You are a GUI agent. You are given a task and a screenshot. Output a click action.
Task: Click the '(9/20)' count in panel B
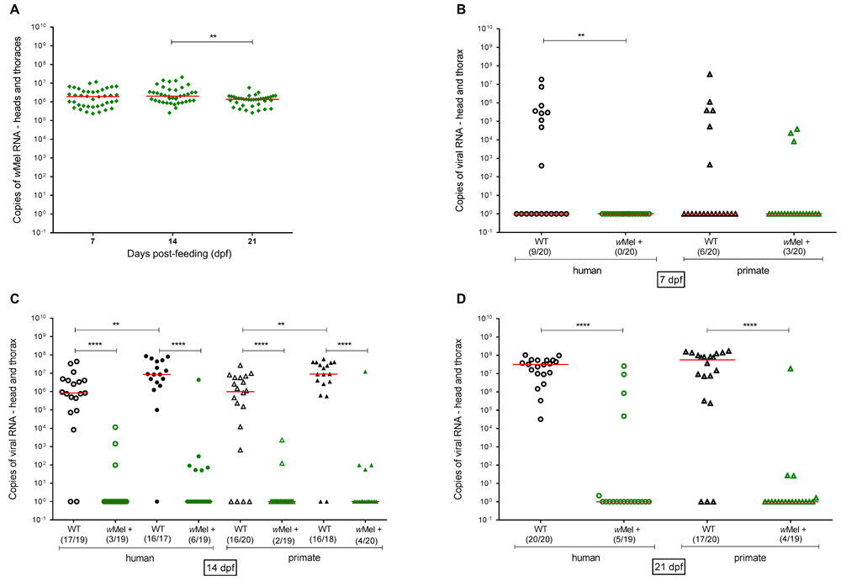click(542, 244)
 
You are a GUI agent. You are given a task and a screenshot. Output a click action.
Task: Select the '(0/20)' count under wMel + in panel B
click(627, 244)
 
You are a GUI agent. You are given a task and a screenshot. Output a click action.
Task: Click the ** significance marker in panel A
click(211, 36)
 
